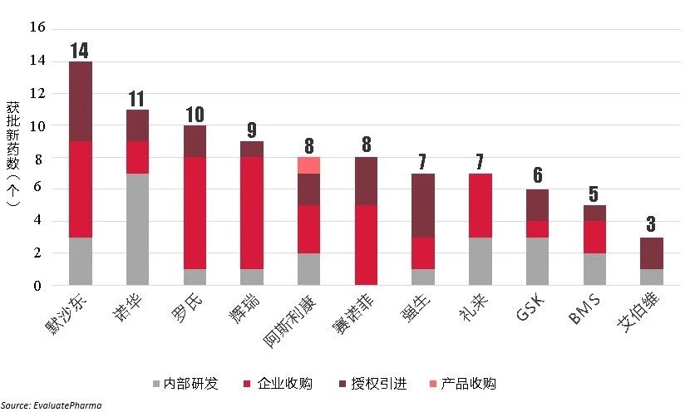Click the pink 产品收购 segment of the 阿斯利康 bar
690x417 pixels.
[309, 165]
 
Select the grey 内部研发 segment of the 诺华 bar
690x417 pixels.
[137, 229]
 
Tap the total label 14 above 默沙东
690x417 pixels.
[80, 51]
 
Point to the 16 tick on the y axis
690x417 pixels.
[36, 28]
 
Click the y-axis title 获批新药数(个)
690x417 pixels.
[14, 158]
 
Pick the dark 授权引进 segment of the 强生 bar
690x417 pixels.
[423, 206]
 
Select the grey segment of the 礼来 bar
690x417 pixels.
[481, 261]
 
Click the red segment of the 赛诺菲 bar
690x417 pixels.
[366, 245]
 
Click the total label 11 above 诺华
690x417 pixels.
[137, 99]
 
